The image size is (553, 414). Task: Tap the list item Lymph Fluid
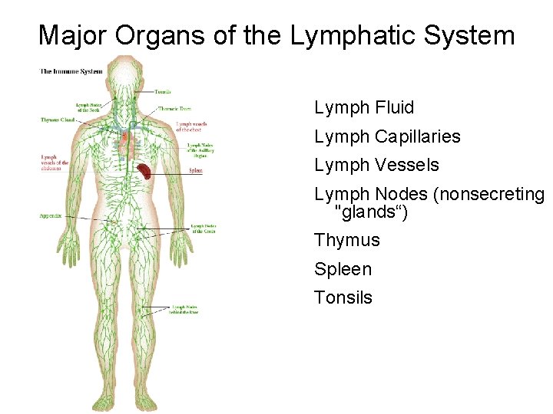coord(364,108)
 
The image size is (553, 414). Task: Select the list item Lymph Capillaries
coord(387,137)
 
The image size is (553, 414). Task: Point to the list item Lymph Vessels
coord(376,166)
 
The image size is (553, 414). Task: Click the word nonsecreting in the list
coord(488,195)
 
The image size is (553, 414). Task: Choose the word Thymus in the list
coord(347,241)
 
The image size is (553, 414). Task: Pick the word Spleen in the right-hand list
coord(343,269)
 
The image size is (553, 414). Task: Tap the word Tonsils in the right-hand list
coord(343,297)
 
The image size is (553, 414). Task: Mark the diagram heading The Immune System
coord(71,72)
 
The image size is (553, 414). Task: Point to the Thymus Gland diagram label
coord(58,120)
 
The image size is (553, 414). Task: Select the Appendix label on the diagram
coord(51,217)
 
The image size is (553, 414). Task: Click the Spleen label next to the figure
coord(195,171)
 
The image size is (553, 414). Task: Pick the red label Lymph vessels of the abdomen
coord(55,163)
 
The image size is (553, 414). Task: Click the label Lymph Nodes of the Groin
coord(203,228)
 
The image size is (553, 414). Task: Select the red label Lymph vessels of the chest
coord(190,127)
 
